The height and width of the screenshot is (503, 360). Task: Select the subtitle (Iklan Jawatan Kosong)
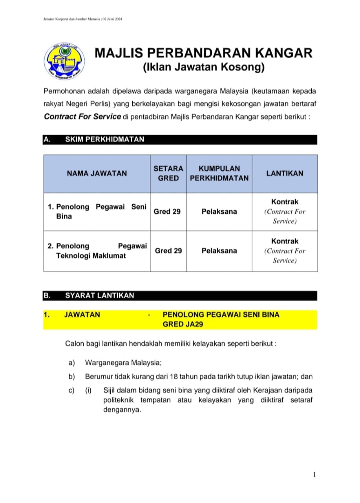tap(203, 68)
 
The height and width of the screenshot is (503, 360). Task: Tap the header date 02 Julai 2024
tap(112, 19)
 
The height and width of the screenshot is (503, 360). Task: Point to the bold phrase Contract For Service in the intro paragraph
tap(82, 116)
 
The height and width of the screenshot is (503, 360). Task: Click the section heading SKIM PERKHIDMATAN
tap(104, 139)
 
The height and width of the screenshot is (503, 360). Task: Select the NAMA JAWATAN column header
tap(97, 173)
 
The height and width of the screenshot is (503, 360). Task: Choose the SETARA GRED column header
tap(168, 173)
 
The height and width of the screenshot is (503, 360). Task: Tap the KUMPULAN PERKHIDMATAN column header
tap(219, 173)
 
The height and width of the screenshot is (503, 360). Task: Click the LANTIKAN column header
tap(285, 173)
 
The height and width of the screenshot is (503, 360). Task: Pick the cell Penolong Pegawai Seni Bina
tap(97, 211)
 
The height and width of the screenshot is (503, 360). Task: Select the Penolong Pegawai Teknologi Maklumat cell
tap(97, 251)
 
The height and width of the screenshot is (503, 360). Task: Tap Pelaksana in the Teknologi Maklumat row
tap(219, 251)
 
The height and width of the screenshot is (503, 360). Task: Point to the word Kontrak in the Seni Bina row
tap(285, 202)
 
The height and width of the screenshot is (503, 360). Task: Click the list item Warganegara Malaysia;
tap(121, 362)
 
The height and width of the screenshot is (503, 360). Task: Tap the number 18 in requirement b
tap(174, 376)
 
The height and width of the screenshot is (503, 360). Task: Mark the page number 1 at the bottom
tap(314, 475)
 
